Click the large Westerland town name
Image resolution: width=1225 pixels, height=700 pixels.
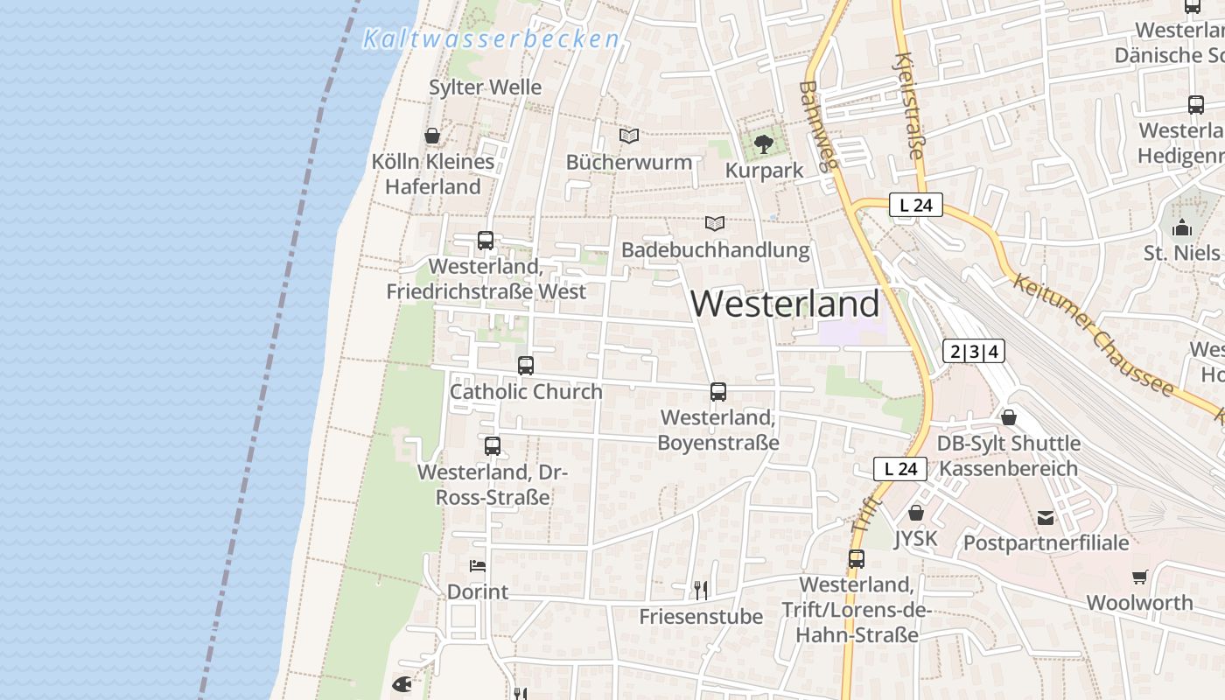[785, 304]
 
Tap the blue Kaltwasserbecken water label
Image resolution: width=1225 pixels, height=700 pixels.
[491, 39]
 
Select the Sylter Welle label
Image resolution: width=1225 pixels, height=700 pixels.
[485, 87]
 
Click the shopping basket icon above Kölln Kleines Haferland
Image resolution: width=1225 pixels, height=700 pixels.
[431, 136]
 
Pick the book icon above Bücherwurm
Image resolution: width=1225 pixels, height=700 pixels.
[628, 136]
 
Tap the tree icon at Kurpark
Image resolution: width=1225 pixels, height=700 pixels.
[764, 143]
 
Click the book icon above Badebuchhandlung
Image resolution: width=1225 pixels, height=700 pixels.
[715, 223]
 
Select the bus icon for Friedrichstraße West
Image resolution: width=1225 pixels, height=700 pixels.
[486, 240]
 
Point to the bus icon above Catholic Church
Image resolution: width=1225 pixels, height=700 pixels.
[525, 366]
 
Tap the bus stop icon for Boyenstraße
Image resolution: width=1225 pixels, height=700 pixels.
[717, 391]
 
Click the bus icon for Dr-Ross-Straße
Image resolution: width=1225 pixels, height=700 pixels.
[493, 445]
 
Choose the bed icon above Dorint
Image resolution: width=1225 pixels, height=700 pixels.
[477, 565]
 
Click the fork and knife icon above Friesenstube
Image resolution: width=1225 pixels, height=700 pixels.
[700, 590]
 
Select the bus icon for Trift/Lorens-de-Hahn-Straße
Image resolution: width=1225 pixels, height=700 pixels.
[856, 558]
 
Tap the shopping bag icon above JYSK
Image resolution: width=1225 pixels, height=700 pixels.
[916, 513]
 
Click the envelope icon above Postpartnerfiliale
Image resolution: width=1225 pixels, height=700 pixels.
[1045, 517]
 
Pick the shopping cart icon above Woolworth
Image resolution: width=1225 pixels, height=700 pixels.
[1139, 577]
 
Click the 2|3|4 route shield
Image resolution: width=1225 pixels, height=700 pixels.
[973, 352]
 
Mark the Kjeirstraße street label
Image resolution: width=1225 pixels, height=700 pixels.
[908, 105]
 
